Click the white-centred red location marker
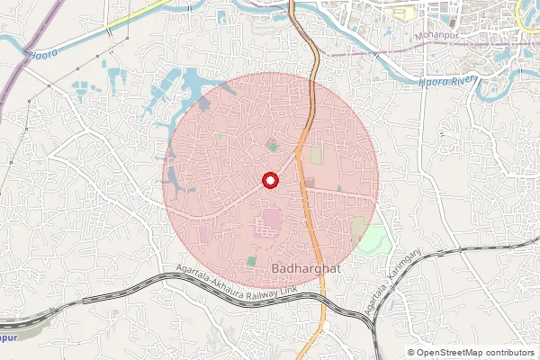point(269,180)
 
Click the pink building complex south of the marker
point(270,220)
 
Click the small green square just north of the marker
point(273,146)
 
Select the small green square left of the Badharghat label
point(252,260)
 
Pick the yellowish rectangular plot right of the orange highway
point(316,156)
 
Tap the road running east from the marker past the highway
point(346,193)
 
